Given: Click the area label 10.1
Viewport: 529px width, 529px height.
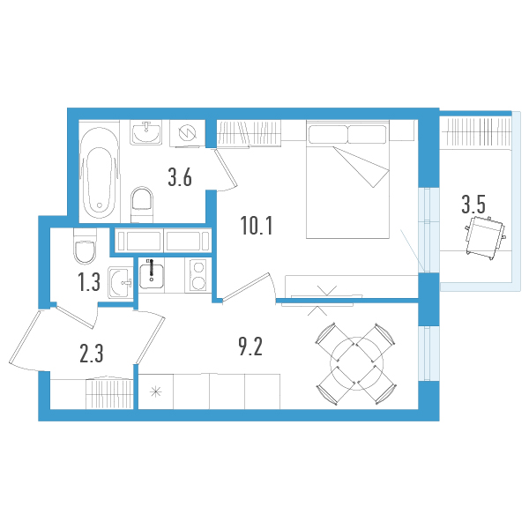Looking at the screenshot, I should (257, 226).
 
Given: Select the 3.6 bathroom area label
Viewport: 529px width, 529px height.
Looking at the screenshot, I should (180, 178).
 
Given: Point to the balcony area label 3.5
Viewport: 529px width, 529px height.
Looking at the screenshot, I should (473, 206).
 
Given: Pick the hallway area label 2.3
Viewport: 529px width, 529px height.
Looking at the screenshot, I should (91, 354).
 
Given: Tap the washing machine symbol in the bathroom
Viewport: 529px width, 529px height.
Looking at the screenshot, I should (187, 133).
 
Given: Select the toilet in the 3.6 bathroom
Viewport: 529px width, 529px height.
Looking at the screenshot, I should (141, 205).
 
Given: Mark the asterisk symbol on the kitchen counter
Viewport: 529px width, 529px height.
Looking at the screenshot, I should (157, 391).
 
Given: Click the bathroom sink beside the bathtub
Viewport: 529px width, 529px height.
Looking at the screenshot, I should (146, 133).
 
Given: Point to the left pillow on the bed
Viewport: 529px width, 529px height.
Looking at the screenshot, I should (327, 134).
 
